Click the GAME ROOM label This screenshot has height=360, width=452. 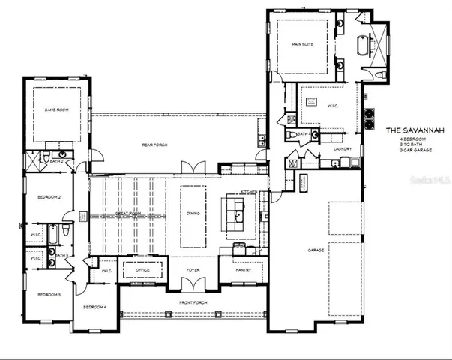[56, 109]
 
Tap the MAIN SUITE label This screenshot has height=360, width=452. [302, 45]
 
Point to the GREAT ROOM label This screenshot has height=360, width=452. [129, 214]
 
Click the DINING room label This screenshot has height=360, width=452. [193, 214]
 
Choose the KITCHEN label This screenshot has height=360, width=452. [250, 193]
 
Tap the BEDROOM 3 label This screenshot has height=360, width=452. [49, 295]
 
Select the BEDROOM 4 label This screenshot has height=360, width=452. [94, 307]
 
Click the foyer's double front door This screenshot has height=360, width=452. [193, 283]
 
